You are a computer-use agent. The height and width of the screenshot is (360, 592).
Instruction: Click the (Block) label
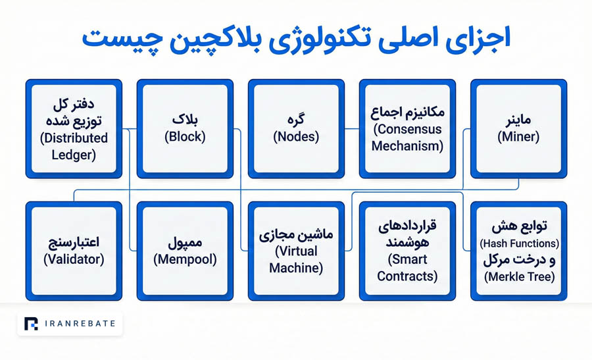(185, 137)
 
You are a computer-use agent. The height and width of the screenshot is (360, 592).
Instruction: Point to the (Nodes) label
(296, 137)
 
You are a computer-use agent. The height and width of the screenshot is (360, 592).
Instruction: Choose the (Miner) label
(518, 137)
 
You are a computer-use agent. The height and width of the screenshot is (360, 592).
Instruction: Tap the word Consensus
(408, 129)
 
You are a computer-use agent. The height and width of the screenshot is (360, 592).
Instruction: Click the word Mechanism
(407, 146)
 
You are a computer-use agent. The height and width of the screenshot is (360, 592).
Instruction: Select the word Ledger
(74, 155)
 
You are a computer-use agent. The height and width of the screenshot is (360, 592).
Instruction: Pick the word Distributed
(74, 138)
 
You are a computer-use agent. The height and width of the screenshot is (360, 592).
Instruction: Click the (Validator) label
(74, 259)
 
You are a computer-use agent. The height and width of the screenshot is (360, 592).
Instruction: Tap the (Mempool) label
(185, 259)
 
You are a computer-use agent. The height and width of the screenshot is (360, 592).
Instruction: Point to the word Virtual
(297, 251)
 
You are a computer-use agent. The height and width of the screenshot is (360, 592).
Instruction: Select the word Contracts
(407, 276)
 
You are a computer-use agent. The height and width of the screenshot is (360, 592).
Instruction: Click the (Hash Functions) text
(519, 244)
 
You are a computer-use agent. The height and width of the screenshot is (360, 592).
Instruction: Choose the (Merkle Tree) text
(520, 277)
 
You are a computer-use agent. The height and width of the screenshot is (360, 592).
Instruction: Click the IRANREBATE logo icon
(31, 324)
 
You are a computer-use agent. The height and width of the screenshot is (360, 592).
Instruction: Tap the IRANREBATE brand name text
(80, 324)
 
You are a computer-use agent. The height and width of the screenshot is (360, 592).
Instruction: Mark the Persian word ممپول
(185, 243)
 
